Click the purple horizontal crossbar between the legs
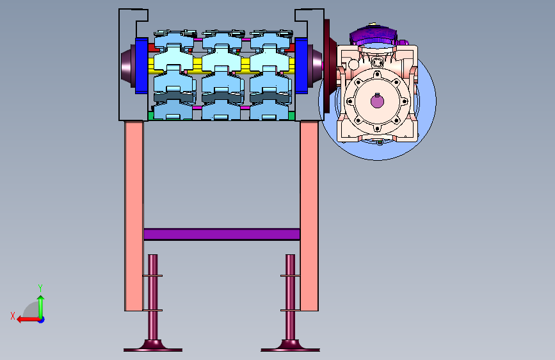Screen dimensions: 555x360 pyautogui.click(x=222, y=234)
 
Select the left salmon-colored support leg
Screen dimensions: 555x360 pyautogui.click(x=134, y=216)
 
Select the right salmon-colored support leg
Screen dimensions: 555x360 pyautogui.click(x=309, y=216)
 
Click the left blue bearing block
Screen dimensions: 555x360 pyautogui.click(x=141, y=65)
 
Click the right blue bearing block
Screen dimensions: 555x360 pyautogui.click(x=302, y=65)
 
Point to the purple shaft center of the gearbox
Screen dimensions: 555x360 pyautogui.click(x=377, y=101)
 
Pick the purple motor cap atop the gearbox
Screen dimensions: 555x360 pyautogui.click(x=373, y=35)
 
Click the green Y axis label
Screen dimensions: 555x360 pyautogui.click(x=40, y=288)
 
